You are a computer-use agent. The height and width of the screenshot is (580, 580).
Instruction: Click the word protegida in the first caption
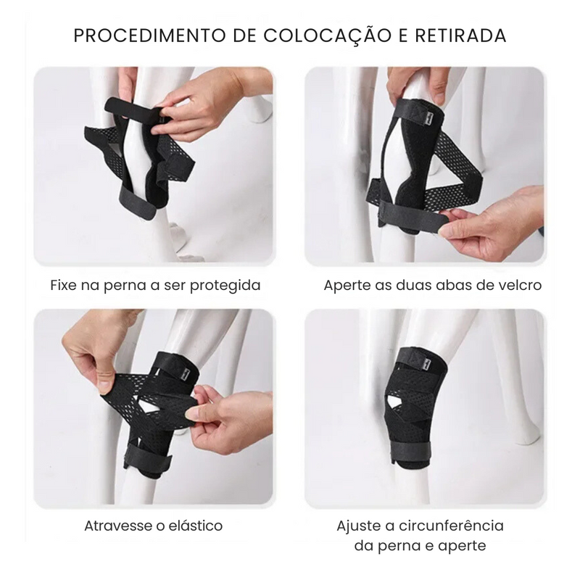[225, 285]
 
